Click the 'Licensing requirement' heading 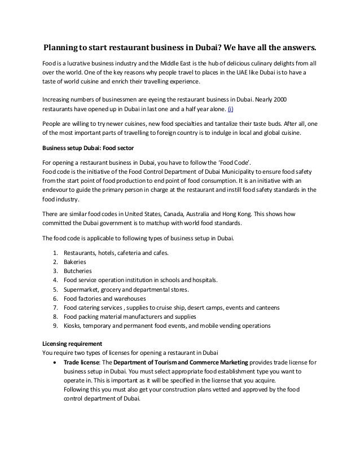[x=73, y=343]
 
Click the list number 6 [x=54, y=298]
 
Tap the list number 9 [x=54, y=326]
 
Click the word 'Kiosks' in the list [x=73, y=326]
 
